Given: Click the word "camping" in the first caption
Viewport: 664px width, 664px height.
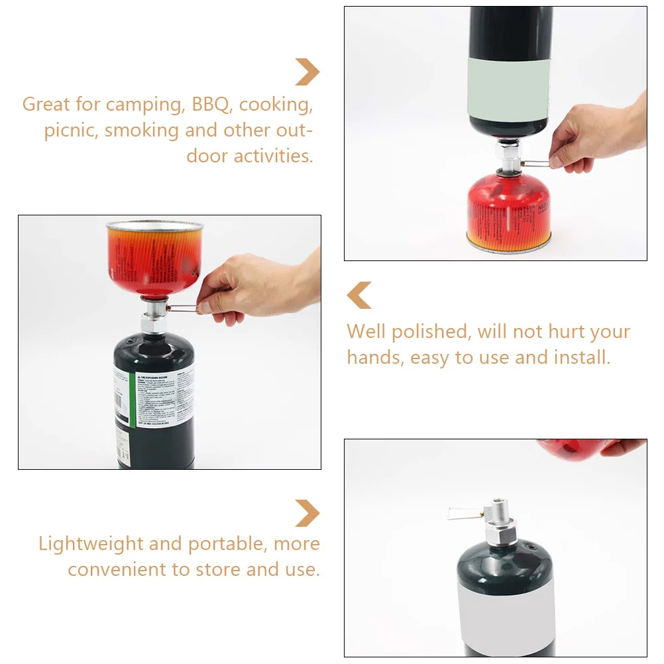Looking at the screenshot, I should [143, 105].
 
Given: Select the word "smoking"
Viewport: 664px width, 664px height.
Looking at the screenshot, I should [142, 130].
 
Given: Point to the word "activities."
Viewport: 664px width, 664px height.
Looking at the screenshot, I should [273, 156].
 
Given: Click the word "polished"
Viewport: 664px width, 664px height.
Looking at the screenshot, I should [429, 331].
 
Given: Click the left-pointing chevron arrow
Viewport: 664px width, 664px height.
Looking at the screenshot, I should [360, 296].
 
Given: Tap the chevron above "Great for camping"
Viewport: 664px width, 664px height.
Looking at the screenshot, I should [307, 72].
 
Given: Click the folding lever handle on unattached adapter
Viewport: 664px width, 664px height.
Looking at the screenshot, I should [461, 512].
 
